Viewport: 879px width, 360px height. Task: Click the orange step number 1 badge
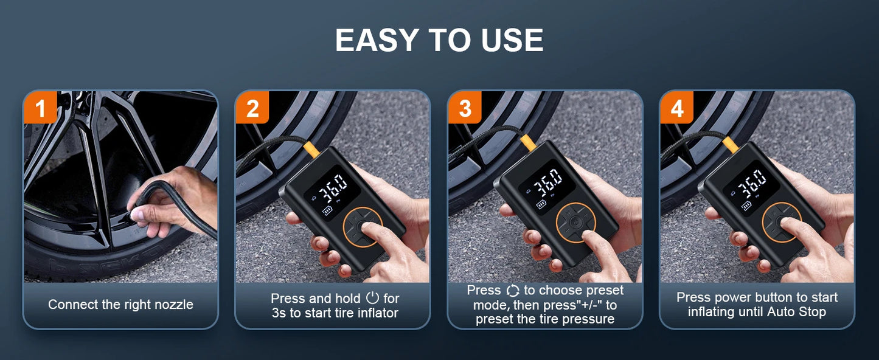40,107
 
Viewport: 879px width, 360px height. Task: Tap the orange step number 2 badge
252,107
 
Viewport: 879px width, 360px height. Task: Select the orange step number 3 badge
465,107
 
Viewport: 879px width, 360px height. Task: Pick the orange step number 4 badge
677,107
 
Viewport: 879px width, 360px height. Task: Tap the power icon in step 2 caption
372,297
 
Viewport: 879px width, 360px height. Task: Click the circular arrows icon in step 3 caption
512,291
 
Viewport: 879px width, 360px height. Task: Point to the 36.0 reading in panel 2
333,187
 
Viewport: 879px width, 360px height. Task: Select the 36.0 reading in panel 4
751,184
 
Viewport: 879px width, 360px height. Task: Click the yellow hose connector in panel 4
731,144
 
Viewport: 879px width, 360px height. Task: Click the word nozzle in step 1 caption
174,305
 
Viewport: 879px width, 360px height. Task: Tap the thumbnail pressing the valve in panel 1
136,214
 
